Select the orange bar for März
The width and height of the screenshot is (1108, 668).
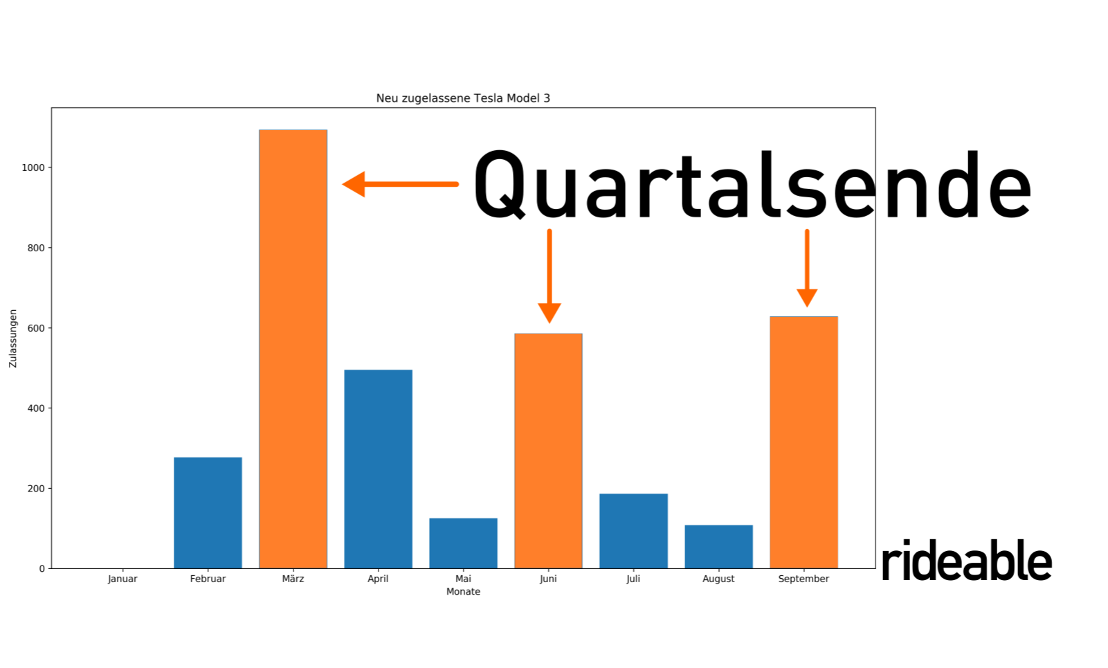[x=293, y=349]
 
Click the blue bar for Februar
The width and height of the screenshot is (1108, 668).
[x=208, y=513]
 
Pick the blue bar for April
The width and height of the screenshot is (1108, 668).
[x=378, y=469]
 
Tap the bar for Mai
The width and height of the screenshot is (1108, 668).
[x=463, y=543]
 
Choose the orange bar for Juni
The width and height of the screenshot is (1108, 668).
[x=548, y=451]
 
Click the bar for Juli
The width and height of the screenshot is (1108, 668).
[x=633, y=531]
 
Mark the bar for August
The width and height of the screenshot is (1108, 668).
[x=718, y=547]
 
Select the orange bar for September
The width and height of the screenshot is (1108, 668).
[x=803, y=442]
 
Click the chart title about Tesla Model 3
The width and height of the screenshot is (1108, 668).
[x=463, y=98]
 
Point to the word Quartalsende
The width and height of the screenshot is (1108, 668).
[x=752, y=184]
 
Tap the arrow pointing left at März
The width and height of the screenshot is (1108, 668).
[x=401, y=184]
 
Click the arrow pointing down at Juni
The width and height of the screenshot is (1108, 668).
[x=549, y=276]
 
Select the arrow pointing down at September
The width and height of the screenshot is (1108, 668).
[x=807, y=268]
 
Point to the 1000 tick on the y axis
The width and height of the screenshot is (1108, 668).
[x=33, y=168]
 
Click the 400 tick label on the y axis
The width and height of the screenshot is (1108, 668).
[x=36, y=408]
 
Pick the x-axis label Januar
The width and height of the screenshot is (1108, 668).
[x=122, y=579]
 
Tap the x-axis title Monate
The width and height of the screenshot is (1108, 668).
[x=463, y=592]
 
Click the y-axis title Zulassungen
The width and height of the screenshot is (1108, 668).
[x=13, y=338]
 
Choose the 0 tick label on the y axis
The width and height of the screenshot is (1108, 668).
[x=42, y=569]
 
